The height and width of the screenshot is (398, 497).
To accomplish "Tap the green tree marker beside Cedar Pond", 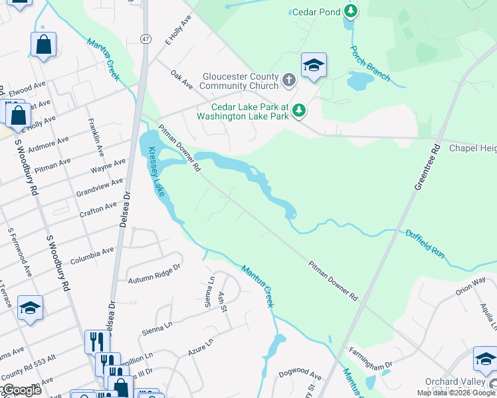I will [x=351, y=11].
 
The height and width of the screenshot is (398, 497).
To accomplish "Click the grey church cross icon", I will [x=289, y=81].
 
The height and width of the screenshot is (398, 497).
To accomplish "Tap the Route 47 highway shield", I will [x=146, y=39].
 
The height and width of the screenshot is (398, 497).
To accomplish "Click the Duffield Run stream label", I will [x=425, y=243].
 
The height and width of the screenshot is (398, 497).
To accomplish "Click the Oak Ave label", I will [x=181, y=80].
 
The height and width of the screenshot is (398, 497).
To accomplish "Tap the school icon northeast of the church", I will [x=314, y=65].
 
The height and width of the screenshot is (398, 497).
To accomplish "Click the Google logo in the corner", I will [x=21, y=391].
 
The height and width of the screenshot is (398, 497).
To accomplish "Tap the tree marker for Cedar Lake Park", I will [x=299, y=110].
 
